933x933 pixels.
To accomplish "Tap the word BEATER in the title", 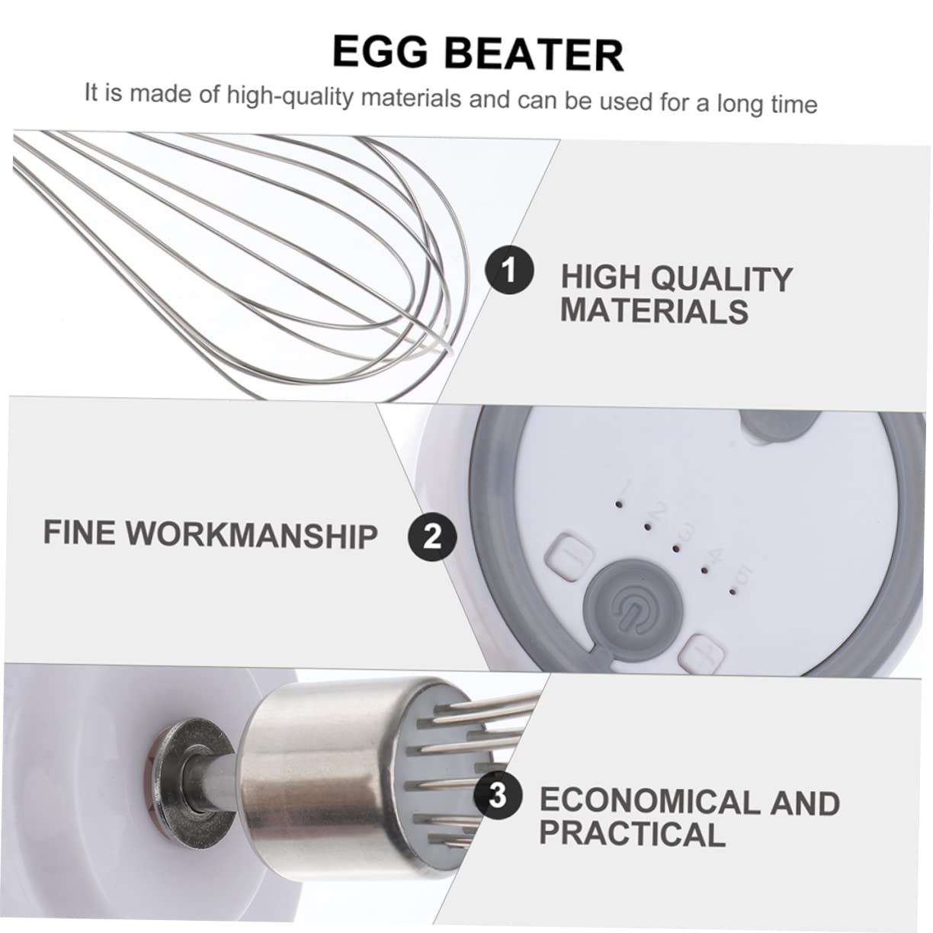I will coord(534,54).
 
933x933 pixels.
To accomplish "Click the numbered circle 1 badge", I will coord(510,271).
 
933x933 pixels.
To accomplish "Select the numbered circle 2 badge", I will coord(432,536).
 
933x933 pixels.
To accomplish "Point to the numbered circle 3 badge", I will coord(497,797).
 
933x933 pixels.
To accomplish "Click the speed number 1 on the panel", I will coord(627,486).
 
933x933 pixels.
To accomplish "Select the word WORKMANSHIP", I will coord(252,534).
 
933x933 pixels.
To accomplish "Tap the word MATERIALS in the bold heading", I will coord(654,311).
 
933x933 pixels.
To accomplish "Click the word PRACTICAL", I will coord(632,834).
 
